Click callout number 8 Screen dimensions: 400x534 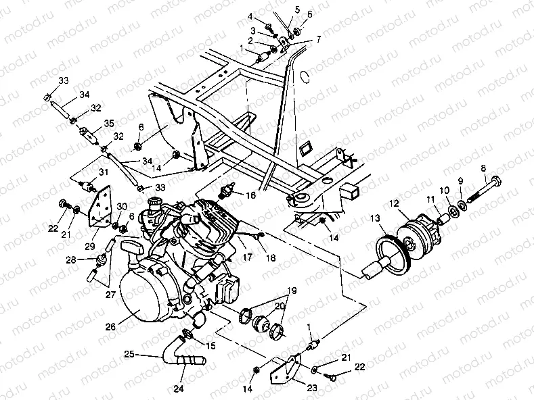pos(483,168)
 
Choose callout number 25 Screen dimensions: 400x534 pos(129,354)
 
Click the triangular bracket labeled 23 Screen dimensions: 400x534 pos(284,372)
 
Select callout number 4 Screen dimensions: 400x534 pos(269,16)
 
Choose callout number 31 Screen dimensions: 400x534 pos(104,172)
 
